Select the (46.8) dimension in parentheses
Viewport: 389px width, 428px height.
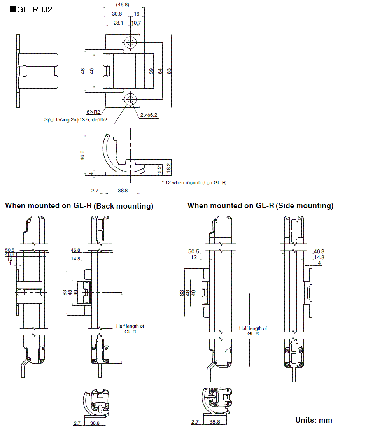point(123,5)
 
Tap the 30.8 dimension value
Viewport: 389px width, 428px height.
point(117,14)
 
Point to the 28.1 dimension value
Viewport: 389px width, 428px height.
point(118,23)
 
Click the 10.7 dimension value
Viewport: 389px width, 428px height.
point(136,23)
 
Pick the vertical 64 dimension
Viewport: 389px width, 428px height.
point(160,71)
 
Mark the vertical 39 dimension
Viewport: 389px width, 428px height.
point(151,71)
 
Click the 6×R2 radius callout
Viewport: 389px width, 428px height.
point(93,112)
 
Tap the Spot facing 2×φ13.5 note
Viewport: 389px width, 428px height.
point(75,120)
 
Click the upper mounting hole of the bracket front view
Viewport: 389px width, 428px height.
point(130,42)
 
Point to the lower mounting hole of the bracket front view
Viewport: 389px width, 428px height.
point(130,99)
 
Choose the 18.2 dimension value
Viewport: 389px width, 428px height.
point(168,167)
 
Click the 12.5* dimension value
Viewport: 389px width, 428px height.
point(159,170)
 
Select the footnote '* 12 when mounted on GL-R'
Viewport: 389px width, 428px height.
point(193,182)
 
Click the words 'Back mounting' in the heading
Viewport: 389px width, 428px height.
point(123,206)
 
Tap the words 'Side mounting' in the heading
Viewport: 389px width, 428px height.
point(305,206)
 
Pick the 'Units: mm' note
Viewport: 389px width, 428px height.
point(314,420)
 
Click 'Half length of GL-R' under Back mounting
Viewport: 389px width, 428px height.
point(130,329)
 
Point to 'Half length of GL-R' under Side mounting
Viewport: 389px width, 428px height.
point(253,331)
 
